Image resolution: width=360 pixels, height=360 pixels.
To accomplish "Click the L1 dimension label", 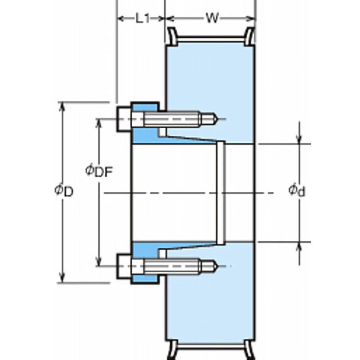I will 143,18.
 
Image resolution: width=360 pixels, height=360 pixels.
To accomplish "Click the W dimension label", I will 212,18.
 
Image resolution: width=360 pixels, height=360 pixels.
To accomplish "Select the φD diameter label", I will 64,191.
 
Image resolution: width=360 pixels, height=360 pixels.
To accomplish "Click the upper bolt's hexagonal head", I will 124,119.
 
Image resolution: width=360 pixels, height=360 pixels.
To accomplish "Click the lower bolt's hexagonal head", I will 124,266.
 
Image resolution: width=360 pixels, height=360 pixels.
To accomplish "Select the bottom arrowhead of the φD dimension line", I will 63,279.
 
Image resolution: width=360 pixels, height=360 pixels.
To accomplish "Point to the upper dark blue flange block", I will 145,135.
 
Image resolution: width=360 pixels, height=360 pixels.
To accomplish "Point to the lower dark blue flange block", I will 145,250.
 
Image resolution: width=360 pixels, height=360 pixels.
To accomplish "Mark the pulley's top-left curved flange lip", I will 172,36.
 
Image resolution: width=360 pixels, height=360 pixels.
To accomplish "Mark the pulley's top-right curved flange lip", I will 250,36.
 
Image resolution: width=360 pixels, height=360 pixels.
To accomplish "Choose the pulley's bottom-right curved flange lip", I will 250,350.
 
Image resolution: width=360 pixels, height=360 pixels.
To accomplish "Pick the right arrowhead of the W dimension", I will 252,18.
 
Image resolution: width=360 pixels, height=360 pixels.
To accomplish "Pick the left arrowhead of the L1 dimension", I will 120,18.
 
